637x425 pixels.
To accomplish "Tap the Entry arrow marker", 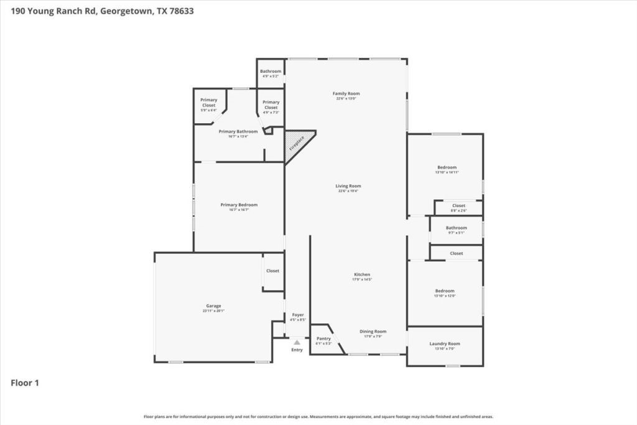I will pyautogui.click(x=297, y=342).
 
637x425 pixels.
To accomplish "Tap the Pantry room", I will pyautogui.click(x=323, y=340).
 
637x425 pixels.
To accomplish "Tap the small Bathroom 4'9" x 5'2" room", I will pyautogui.click(x=271, y=73).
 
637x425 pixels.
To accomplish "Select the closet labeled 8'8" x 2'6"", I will pyautogui.click(x=458, y=207).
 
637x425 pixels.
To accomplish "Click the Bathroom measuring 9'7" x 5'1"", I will pyautogui.click(x=456, y=230).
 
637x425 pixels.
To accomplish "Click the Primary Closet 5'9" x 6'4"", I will pyautogui.click(x=208, y=105).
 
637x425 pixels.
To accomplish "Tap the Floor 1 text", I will pyautogui.click(x=25, y=383).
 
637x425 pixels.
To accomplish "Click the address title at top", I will pyautogui.click(x=98, y=11).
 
